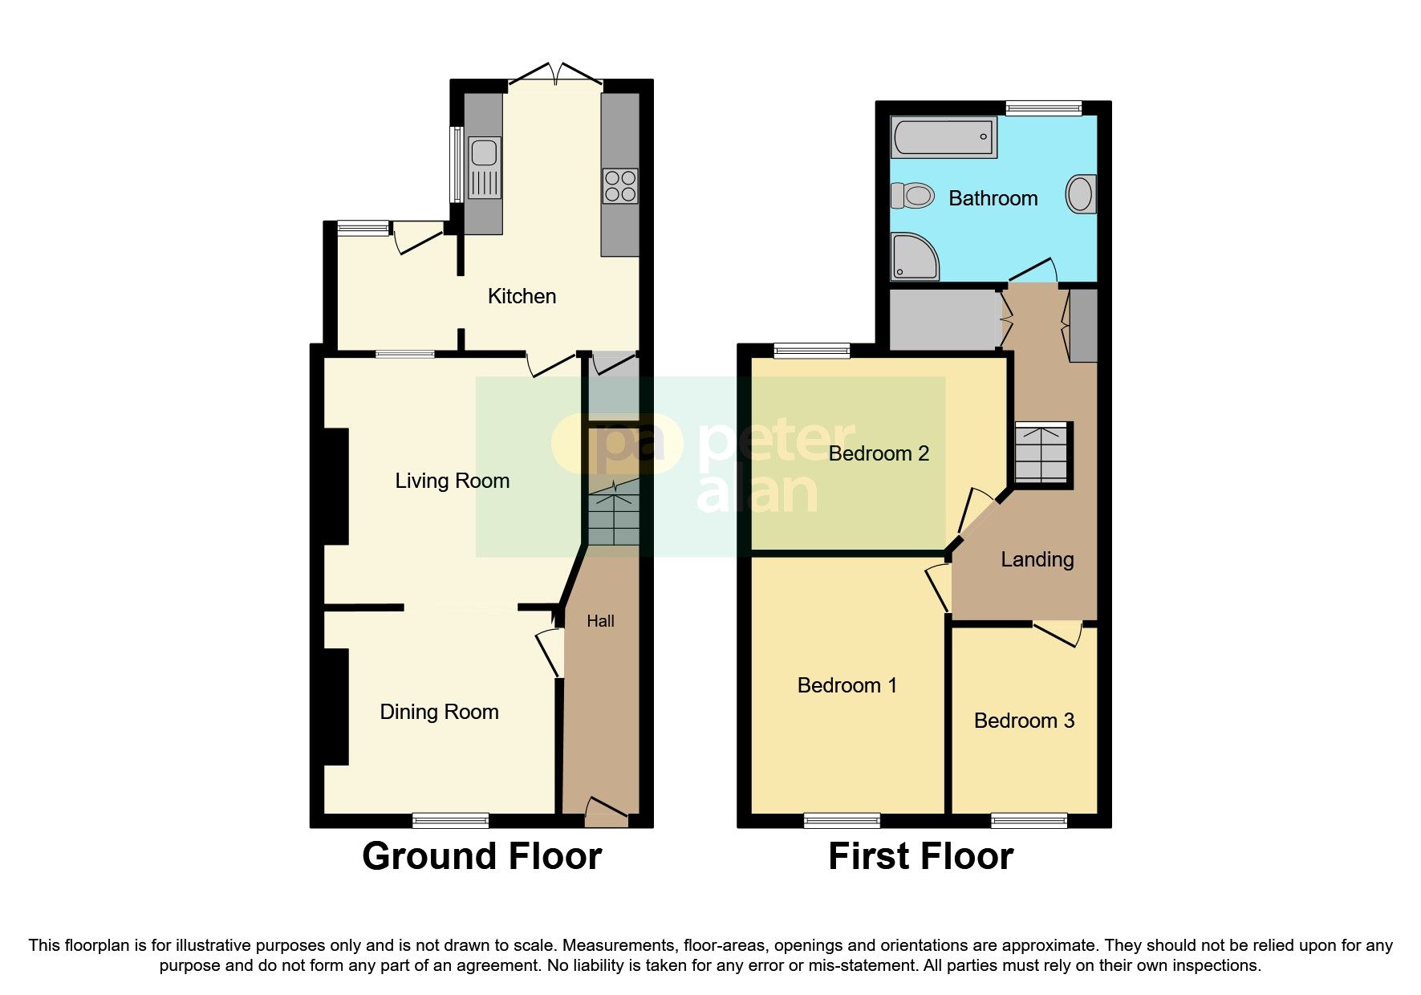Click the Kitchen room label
coord(522,296)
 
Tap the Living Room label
coord(452,481)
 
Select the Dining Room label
coord(439,712)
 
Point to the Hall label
coord(600,621)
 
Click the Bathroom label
coord(993,198)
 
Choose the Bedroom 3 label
coord(1024,721)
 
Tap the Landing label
coord(1037,559)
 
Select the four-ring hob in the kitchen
coord(620,186)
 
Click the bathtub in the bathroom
coord(944,137)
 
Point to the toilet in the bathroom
coord(913,195)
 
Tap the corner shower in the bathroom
coord(913,257)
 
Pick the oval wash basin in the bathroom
coord(1080,194)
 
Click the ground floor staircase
coord(614,514)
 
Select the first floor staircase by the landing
coord(1042,453)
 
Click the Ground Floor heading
coord(481,856)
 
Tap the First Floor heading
coord(920,856)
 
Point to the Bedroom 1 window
coord(842,820)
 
